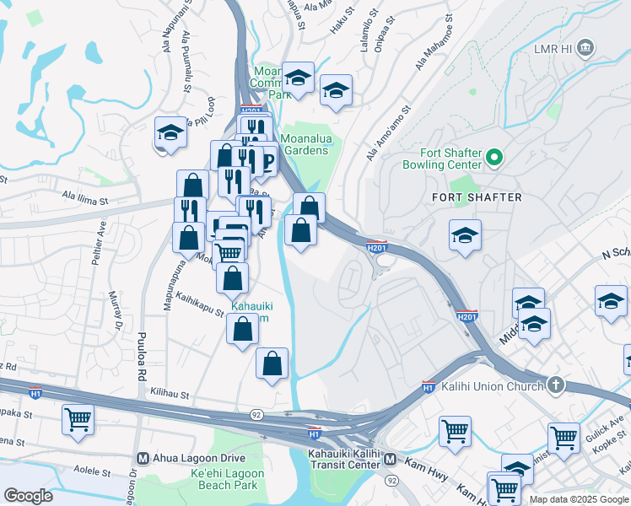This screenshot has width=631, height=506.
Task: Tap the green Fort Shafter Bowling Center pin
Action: (495, 156)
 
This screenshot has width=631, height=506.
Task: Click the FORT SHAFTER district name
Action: (477, 197)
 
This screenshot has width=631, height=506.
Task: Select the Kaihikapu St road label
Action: (199, 304)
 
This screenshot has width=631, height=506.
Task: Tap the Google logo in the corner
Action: (28, 496)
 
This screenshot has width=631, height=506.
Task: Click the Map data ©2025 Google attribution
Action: (579, 499)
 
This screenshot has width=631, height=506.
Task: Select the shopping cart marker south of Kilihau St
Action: (78, 419)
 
